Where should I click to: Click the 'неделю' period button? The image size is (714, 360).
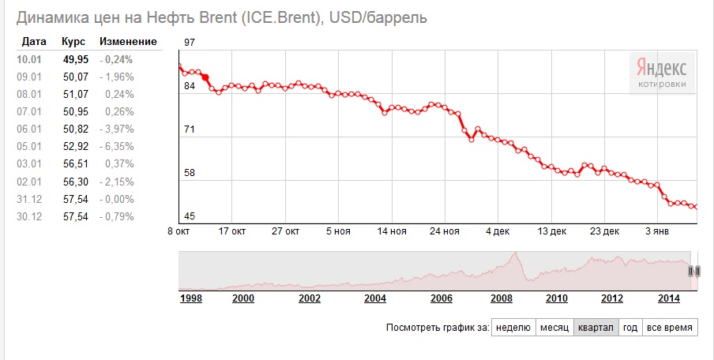513,327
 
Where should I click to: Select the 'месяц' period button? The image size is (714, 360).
554,327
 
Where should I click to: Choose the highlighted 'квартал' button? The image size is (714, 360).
596,327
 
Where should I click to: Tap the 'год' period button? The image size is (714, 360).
630,327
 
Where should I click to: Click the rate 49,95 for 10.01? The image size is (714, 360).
76,60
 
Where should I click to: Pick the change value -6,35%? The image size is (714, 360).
117,147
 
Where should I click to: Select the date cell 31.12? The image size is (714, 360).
29,200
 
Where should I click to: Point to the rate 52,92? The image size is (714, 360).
76,147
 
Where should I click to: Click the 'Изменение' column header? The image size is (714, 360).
128,41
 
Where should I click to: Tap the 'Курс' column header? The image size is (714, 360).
73,41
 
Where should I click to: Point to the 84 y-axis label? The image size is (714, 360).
189,86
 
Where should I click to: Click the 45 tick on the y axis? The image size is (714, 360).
189,216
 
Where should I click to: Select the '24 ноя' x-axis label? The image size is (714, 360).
445,231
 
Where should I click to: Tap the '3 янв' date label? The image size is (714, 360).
657,231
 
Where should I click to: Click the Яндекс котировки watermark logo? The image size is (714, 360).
662,73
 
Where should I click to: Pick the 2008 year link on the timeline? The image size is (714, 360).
502,298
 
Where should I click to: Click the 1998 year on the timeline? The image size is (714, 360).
191,298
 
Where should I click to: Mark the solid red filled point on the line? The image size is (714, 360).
205,78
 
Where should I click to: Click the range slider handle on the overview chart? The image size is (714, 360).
694,272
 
